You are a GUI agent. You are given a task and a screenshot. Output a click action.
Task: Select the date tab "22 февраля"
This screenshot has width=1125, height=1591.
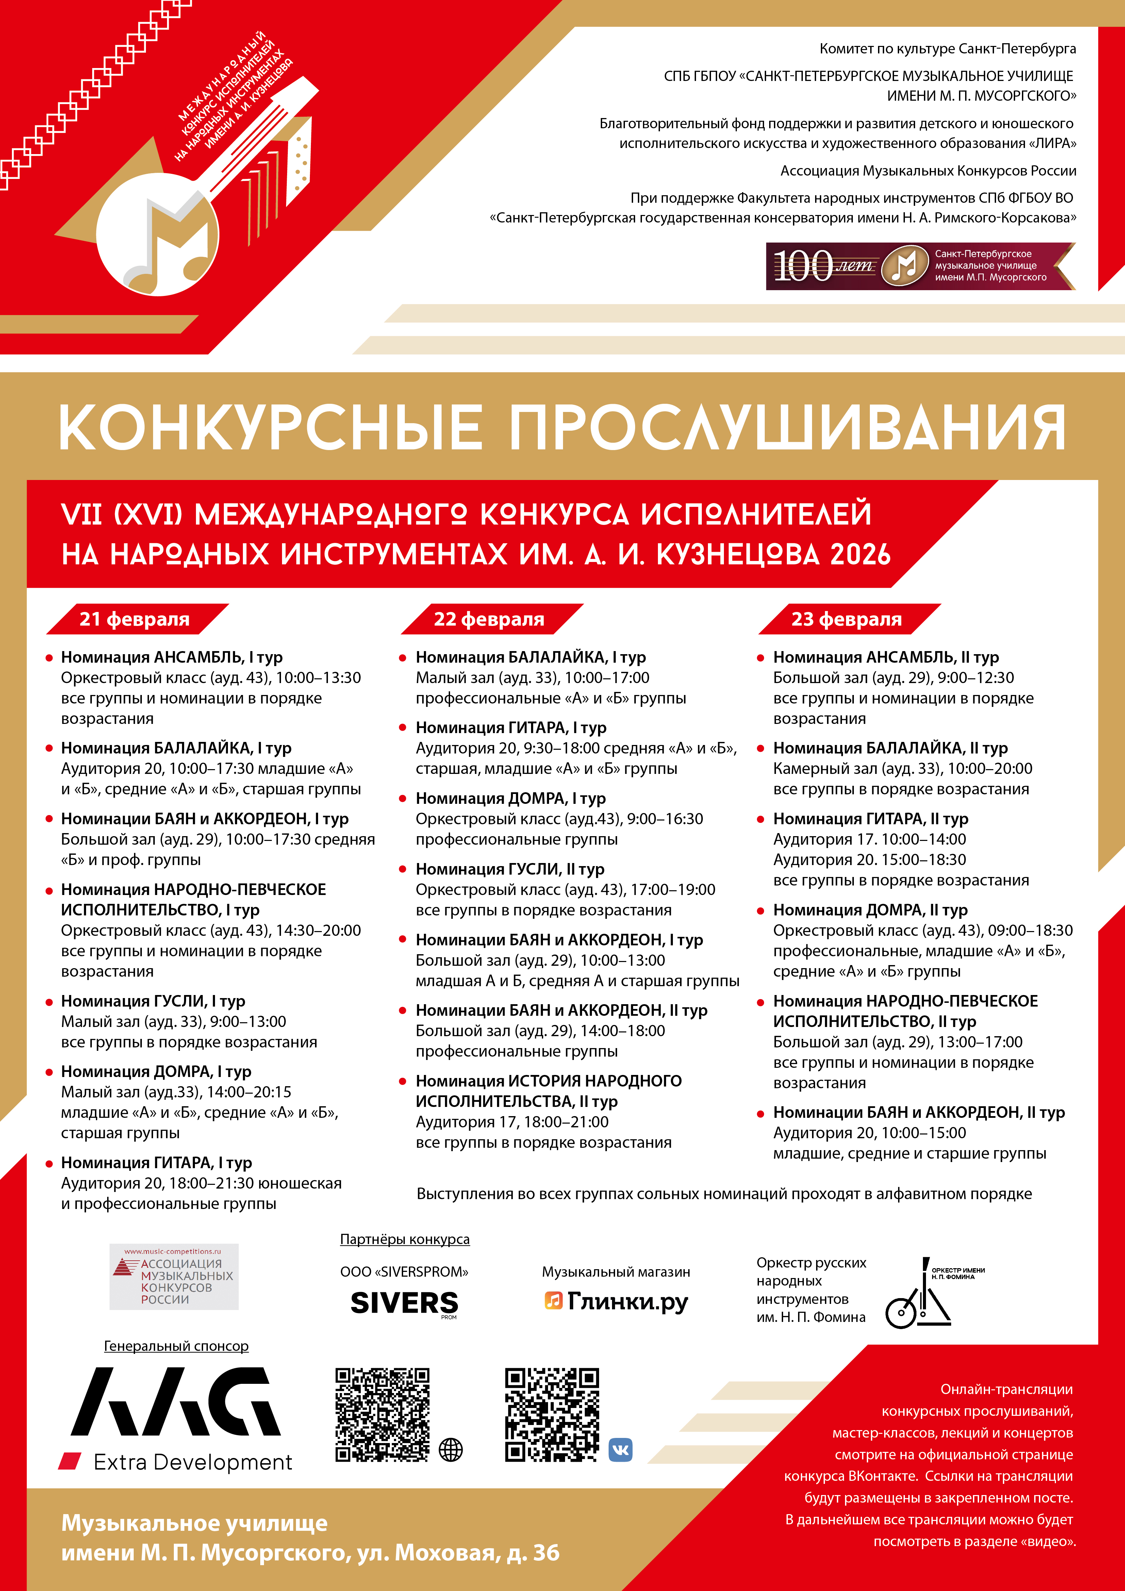click(490, 619)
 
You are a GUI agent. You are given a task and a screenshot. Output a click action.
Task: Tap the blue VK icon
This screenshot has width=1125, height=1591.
click(621, 1449)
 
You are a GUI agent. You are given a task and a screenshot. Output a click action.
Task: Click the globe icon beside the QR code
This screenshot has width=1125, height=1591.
click(450, 1449)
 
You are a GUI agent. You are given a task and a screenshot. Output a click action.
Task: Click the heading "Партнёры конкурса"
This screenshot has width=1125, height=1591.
click(405, 1239)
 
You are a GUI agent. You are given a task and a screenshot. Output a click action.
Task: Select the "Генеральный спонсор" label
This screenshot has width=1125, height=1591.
click(176, 1346)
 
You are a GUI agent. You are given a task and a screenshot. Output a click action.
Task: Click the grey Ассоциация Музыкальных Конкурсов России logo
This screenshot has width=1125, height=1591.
click(174, 1276)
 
